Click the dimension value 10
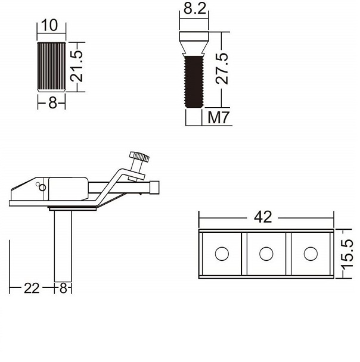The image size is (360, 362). (49, 25)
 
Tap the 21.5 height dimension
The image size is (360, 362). (76, 66)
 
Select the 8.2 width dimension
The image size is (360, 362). (194, 9)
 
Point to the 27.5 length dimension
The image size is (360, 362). (222, 68)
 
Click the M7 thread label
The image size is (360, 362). (219, 117)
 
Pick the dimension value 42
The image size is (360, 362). (263, 217)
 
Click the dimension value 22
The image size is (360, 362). (32, 288)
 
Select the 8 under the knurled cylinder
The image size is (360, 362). (52, 102)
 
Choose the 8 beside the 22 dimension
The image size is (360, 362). (63, 288)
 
